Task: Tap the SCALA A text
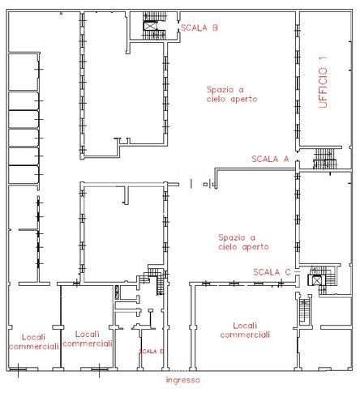(x=270, y=159)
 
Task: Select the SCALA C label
(x=271, y=271)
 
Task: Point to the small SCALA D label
(x=151, y=351)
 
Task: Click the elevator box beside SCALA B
(x=150, y=26)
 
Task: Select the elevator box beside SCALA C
(x=315, y=279)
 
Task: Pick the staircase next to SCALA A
(x=324, y=158)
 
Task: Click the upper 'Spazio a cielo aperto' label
(x=232, y=93)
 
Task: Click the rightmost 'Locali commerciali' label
(x=244, y=329)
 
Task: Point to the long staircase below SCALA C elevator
(x=304, y=310)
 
